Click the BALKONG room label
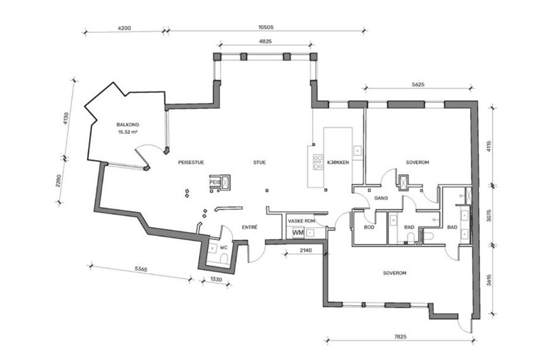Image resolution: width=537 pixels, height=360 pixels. coord(128,124)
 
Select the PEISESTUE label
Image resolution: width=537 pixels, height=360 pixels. coord(191,162)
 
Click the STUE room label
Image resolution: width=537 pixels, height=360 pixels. coord(259,162)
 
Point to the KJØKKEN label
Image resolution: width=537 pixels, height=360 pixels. coord(338,162)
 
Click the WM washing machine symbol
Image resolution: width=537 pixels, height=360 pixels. coord(298,233)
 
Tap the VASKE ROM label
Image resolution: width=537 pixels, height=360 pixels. coord(301,221)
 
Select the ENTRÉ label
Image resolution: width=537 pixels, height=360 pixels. coord(250,227)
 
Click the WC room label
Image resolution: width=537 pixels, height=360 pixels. coord(224,248)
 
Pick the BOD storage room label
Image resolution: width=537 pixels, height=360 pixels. coord(369,227)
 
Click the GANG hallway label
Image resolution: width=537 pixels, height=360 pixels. coord(381,198)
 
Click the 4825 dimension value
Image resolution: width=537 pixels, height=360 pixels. coord(265,42)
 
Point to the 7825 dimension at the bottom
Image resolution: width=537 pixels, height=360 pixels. coord(400,337)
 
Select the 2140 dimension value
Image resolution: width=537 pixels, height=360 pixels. coord(306,250)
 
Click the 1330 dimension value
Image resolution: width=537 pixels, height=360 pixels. coord(216,280)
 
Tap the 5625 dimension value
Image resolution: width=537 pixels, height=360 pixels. coord(418,84)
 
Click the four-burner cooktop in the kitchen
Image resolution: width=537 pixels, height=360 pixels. coord(318,162)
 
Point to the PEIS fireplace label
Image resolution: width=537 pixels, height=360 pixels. coord(215,183)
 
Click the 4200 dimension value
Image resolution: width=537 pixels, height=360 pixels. coord(124,28)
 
